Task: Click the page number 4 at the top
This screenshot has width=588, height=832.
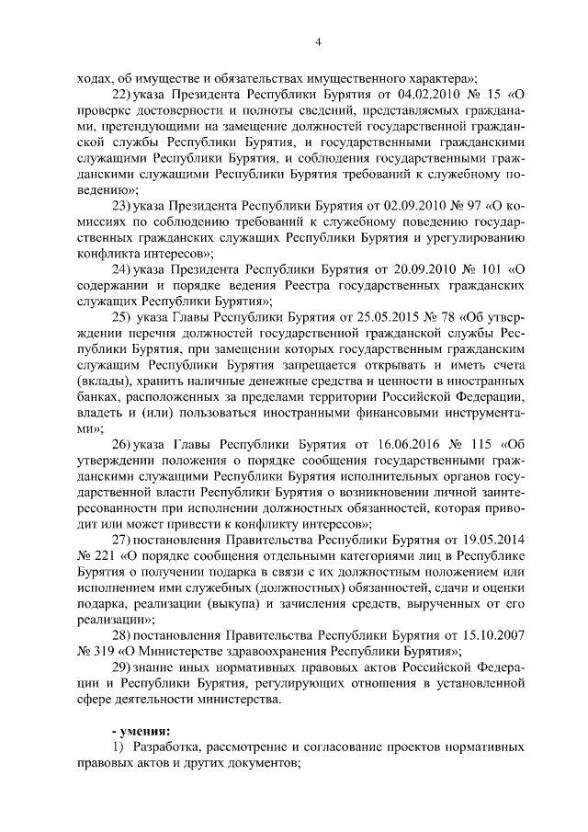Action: click(x=317, y=41)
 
